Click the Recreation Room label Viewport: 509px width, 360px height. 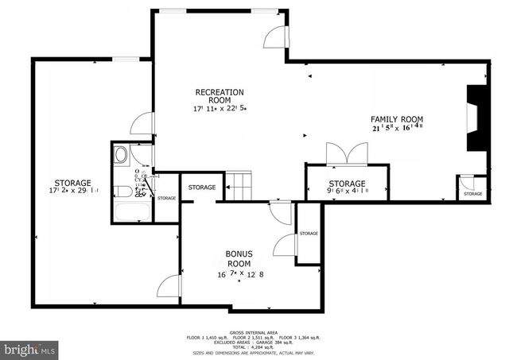pyautogui.click(x=220, y=96)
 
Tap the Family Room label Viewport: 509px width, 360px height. pyautogui.click(x=396, y=118)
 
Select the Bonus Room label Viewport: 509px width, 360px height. pyautogui.click(x=239, y=258)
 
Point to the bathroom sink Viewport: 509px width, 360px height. pyautogui.click(x=122, y=154)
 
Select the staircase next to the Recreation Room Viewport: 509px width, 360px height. pyautogui.click(x=238, y=188)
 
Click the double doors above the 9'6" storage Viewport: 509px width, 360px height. pyautogui.click(x=338, y=153)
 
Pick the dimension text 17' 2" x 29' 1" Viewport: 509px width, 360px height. pyautogui.click(x=72, y=191)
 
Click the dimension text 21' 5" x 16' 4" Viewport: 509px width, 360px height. pyautogui.click(x=396, y=126)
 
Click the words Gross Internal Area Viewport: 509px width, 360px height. pyautogui.click(x=254, y=332)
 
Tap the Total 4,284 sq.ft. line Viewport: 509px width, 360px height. pyautogui.click(x=254, y=347)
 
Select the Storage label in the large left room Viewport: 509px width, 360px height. pyautogui.click(x=72, y=183)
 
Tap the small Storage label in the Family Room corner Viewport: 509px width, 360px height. pyautogui.click(x=472, y=193)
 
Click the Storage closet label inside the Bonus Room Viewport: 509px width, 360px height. pyautogui.click(x=308, y=233)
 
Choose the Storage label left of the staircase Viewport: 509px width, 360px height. pyautogui.click(x=201, y=187)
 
